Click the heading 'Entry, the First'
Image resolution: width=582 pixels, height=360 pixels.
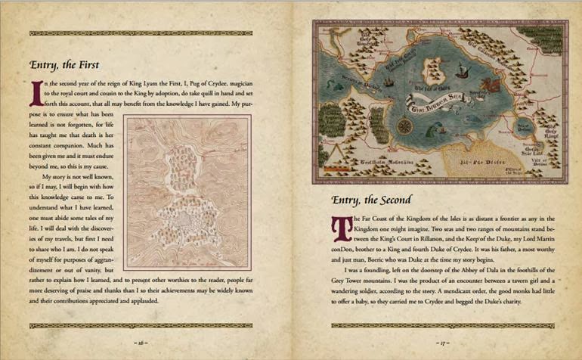[x=64, y=65]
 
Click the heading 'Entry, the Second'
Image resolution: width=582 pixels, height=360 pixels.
[x=372, y=200]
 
